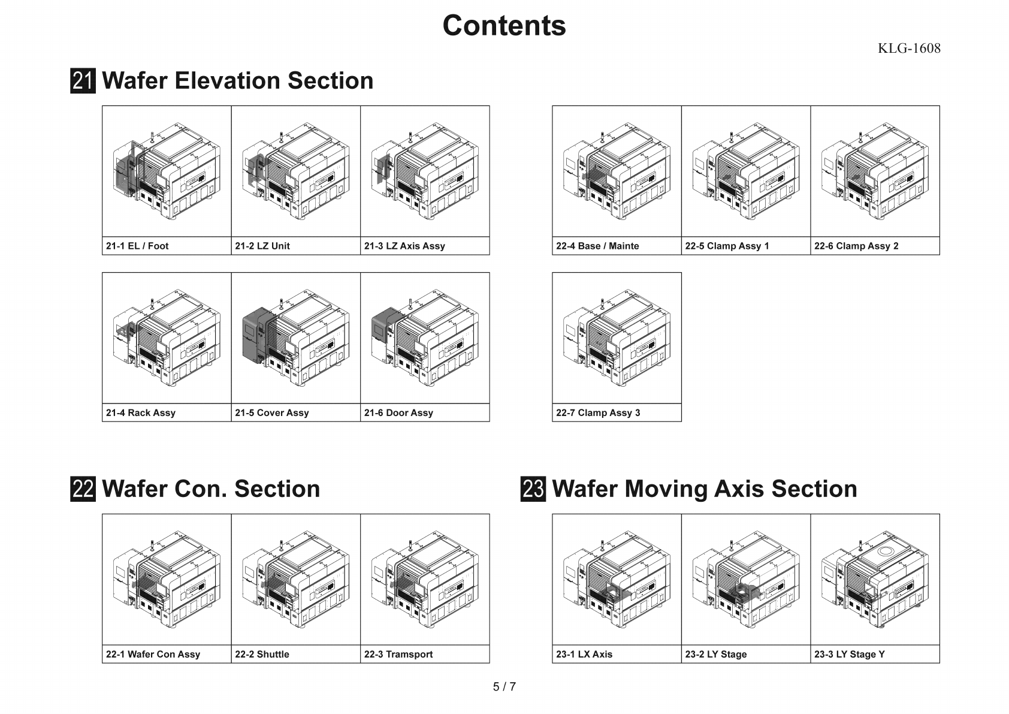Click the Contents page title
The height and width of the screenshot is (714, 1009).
tap(504, 26)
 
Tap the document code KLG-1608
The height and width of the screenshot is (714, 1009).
tap(908, 49)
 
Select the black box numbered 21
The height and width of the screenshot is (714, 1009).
tap(83, 81)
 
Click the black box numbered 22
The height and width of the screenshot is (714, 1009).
tap(83, 489)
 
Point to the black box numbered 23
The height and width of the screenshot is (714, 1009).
tap(533, 489)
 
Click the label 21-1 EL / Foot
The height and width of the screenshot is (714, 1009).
tap(137, 246)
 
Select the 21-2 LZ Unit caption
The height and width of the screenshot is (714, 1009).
tap(262, 246)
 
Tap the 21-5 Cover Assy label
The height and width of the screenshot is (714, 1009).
tap(272, 412)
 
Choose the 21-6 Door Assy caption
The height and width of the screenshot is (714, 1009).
tap(398, 412)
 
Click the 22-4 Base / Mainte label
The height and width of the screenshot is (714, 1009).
tap(597, 246)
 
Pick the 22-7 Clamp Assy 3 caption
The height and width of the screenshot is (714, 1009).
tap(598, 412)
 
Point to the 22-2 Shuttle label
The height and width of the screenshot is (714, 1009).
tap(262, 654)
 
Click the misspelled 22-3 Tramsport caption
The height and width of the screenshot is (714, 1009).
tap(398, 654)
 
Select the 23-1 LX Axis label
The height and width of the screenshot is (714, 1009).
tap(584, 654)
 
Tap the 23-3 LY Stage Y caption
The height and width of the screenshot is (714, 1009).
tap(849, 654)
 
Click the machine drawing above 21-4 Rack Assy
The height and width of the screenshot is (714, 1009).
tap(167, 338)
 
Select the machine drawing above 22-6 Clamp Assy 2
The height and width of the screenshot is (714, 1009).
tap(875, 171)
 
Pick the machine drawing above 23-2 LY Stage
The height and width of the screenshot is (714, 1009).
tap(746, 579)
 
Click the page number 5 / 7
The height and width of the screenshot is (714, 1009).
tap(504, 687)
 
